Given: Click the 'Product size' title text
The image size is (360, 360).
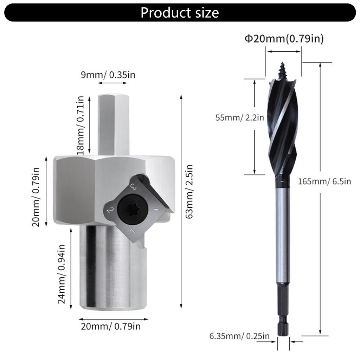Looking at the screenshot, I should point(180,13).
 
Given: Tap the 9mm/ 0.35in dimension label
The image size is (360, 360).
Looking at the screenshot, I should point(108,75).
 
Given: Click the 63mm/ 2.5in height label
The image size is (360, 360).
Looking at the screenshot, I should point(190,197).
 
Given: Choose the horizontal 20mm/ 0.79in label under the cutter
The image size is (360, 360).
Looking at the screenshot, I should point(111,326).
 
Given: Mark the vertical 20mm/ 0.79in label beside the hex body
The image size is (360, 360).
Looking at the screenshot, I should point(37,197).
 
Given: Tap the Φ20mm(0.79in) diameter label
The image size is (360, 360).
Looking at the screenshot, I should point(284,39).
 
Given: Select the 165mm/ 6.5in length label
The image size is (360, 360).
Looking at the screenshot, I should point(324,181).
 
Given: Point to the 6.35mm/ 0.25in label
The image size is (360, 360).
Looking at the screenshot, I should point(239,336).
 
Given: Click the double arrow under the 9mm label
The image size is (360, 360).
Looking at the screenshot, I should point(112,83).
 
